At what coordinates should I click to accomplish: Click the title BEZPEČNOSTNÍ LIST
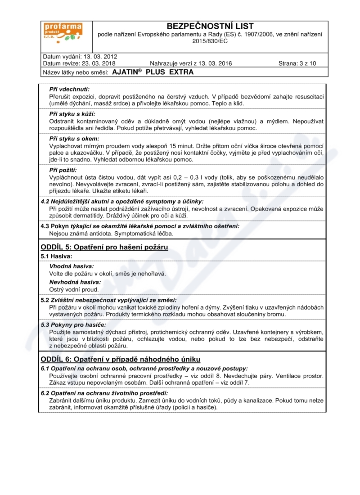click(x=210, y=26)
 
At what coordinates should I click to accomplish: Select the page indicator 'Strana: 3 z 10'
click(x=297, y=63)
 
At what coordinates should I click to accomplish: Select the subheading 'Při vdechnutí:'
click(x=69, y=89)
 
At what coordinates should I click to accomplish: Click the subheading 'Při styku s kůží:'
click(x=72, y=114)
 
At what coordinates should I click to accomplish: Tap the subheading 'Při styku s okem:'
click(x=74, y=139)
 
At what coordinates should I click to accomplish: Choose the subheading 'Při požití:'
click(x=63, y=170)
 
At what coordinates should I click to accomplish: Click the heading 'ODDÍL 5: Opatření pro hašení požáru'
click(x=104, y=247)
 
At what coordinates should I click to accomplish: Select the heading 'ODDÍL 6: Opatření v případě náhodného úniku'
click(x=120, y=359)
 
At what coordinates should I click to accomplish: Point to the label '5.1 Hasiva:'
click(x=56, y=256)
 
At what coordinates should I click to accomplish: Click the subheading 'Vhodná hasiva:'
click(x=72, y=266)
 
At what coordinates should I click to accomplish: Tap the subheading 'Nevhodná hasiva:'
click(x=75, y=282)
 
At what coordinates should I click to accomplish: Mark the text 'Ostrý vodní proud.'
click(x=74, y=289)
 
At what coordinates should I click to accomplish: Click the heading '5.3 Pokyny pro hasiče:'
click(x=73, y=324)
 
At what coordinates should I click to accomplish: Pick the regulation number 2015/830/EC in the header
click(x=210, y=41)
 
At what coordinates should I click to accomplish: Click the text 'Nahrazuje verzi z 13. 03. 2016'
click(x=191, y=63)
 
